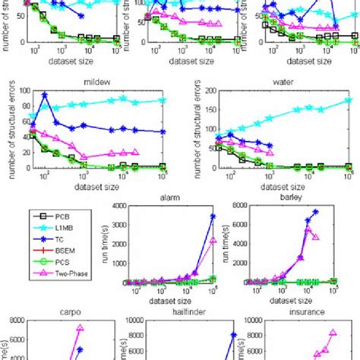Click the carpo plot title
pyautogui.click(x=53, y=311)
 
